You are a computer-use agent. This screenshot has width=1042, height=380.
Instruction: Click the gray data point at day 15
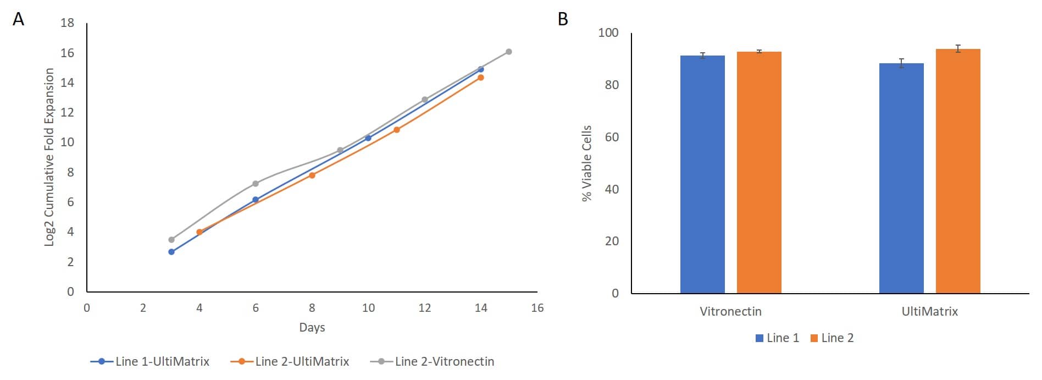click(508, 52)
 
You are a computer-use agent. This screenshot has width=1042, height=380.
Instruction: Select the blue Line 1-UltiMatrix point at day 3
click(171, 252)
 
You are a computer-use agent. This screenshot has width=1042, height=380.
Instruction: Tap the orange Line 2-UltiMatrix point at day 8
click(312, 175)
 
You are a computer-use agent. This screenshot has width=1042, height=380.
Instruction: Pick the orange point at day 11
click(397, 130)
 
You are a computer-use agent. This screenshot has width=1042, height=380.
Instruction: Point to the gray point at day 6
click(256, 184)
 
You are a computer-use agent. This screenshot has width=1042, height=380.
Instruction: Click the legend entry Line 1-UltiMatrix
click(150, 362)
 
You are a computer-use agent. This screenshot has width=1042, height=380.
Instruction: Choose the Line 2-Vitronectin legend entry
click(433, 362)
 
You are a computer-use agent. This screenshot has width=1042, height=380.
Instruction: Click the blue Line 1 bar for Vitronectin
click(702, 174)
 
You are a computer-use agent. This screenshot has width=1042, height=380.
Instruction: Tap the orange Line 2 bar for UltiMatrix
click(958, 171)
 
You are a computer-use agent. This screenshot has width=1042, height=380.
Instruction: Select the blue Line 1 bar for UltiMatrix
click(901, 178)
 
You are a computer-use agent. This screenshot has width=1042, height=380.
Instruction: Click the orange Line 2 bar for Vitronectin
click(759, 172)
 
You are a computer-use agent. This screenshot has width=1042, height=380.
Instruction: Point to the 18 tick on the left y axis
click(68, 23)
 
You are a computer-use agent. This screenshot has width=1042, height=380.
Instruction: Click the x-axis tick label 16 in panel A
click(537, 308)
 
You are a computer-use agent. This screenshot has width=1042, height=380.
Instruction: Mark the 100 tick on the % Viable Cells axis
click(608, 33)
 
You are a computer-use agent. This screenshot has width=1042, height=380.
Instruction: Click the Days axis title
click(312, 328)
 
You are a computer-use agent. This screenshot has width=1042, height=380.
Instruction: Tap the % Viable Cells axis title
click(587, 163)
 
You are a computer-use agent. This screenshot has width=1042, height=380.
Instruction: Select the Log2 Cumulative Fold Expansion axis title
click(49, 157)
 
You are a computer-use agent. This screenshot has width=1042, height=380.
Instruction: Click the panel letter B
click(563, 19)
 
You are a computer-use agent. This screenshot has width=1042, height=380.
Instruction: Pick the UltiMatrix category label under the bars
click(929, 312)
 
